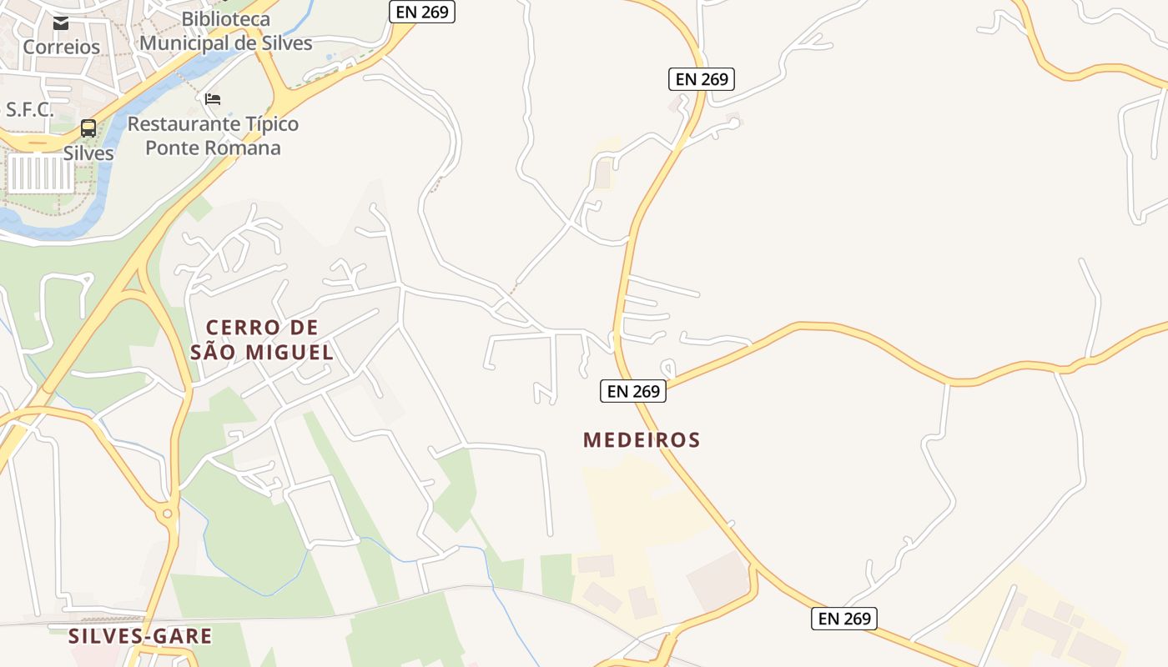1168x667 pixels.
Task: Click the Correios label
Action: click(x=62, y=47)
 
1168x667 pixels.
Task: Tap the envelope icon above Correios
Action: click(x=62, y=23)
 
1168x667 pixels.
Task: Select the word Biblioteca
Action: click(x=226, y=18)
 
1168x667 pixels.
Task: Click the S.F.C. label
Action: click(x=30, y=109)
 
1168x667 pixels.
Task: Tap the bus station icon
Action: click(x=88, y=129)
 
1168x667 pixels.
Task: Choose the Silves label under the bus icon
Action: click(x=88, y=153)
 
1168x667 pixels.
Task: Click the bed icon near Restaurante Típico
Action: click(x=213, y=99)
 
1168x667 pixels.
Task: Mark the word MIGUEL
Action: click(x=289, y=353)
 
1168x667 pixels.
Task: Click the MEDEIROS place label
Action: click(x=642, y=440)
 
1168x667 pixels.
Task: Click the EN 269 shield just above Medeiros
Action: click(x=633, y=391)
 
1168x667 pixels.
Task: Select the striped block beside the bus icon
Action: click(x=40, y=173)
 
